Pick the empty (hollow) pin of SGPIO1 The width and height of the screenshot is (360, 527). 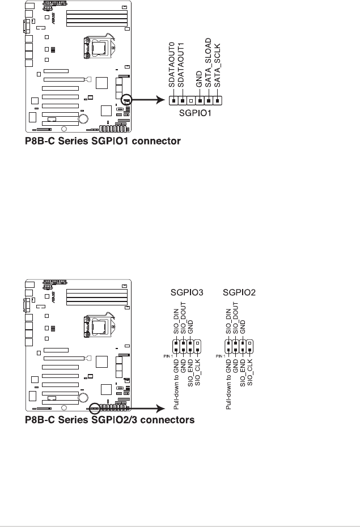click(192, 101)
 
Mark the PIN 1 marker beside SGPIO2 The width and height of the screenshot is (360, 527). click(221, 356)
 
